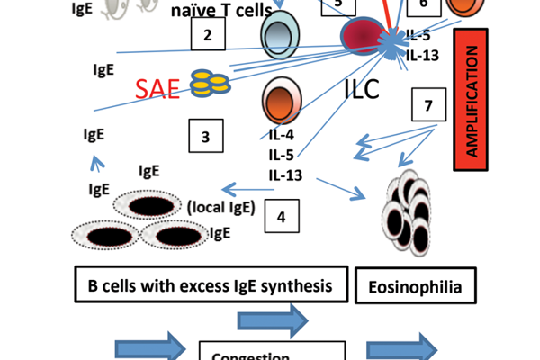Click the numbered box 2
click(x=207, y=36)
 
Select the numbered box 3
click(x=206, y=137)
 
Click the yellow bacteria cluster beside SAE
click(x=210, y=84)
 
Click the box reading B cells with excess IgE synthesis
click(x=209, y=285)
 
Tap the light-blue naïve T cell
click(x=279, y=36)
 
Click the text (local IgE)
click(x=221, y=208)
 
